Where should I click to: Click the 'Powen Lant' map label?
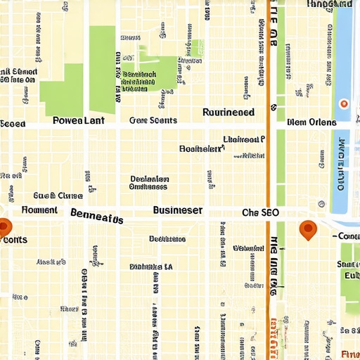coord(79,120)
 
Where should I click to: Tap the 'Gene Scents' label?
coord(153,120)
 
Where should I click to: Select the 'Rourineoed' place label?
coord(229,112)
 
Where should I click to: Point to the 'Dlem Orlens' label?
coord(311,122)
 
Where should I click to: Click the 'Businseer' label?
coord(178,210)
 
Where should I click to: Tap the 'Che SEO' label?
coord(260,212)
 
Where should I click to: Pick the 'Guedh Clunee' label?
coord(58,195)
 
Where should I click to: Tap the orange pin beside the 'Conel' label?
coord(307,229)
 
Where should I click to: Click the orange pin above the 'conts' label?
coord(4,226)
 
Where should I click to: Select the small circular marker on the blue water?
coord(344,104)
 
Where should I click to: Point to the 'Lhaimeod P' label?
coord(243,139)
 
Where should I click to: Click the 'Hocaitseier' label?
coord(201,149)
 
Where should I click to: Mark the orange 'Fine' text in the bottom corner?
coord(349,353)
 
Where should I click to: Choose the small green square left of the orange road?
coord(198,49)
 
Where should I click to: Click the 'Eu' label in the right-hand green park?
coord(350,276)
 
